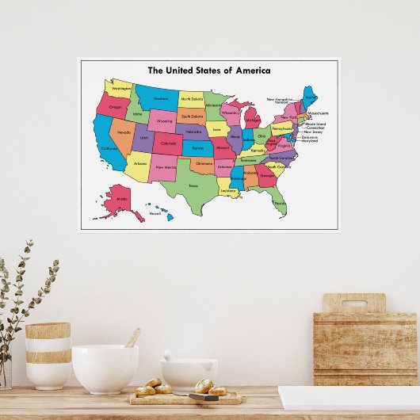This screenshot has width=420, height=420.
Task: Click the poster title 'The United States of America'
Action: pos(208,71)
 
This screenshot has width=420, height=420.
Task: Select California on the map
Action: pos(109,145)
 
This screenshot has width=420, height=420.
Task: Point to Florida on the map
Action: pos(280,204)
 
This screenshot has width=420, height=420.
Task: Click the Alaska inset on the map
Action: pos(120,198)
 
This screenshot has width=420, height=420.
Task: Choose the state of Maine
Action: pos(310,97)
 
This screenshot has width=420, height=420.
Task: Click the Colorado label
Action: pos(167,143)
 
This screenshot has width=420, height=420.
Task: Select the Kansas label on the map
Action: pos(197,147)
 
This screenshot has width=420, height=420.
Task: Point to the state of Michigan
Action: pos(252,119)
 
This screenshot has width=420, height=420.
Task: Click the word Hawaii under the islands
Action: pos(155,213)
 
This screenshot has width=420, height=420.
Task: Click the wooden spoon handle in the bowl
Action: pos(132,338)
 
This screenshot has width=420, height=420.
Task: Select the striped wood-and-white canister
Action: pos(48,354)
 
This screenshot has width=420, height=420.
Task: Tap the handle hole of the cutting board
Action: pos(353,303)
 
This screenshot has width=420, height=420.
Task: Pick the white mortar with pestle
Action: pos(188,373)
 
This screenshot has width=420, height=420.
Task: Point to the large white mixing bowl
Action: pos(105,368)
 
